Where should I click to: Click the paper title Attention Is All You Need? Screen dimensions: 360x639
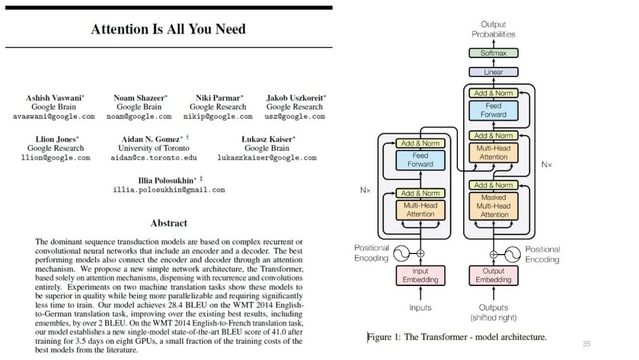168,29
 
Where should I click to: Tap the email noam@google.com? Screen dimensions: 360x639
139,117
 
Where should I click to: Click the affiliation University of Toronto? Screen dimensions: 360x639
154,148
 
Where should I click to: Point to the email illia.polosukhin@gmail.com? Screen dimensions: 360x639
169,190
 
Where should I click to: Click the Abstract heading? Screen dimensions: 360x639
169,223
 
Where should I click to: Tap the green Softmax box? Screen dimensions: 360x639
493,53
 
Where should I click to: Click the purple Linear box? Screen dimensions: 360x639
493,72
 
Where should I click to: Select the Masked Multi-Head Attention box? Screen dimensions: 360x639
493,206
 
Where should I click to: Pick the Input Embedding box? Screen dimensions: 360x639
421,275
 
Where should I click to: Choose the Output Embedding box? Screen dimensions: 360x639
493,275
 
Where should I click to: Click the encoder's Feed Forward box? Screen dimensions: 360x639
421,160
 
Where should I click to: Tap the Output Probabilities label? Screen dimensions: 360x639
493,29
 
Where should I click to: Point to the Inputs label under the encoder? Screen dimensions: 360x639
421,307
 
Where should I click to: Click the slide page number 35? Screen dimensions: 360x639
586,344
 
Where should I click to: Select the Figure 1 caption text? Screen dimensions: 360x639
457,337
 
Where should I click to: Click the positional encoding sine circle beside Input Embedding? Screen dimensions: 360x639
399,253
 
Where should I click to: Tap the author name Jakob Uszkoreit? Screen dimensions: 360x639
295,98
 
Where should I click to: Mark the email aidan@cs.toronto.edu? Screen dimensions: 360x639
154,158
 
